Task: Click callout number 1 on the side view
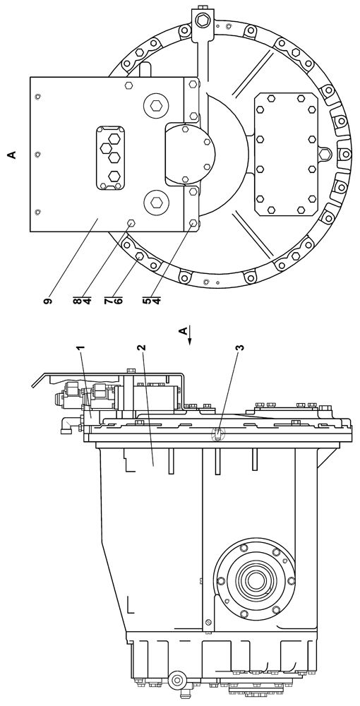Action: (80, 348)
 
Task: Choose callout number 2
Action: (141, 348)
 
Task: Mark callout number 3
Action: (241, 348)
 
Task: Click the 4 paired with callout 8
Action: (88, 301)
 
